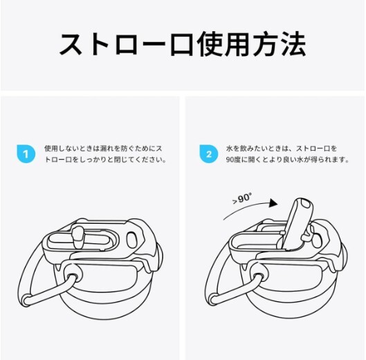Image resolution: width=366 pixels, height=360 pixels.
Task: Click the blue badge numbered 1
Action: coord(25,153)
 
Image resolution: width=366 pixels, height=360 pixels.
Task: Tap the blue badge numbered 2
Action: coord(208,153)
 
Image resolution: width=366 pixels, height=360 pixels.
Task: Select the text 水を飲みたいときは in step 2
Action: coord(259,148)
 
